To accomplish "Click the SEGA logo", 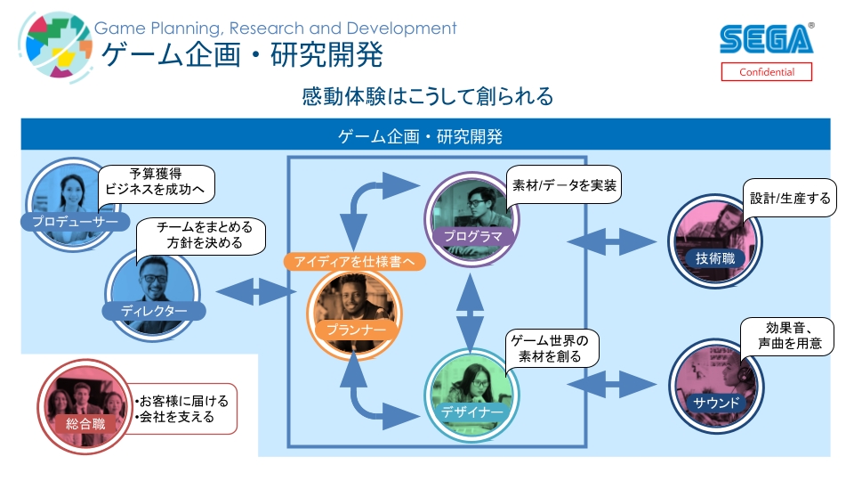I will [766, 39].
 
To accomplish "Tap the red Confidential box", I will [766, 72].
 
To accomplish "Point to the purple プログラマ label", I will [473, 236].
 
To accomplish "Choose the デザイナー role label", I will [471, 412].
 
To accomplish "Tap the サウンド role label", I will [716, 403].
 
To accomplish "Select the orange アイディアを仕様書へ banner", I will [355, 262].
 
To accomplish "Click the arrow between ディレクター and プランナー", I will [254, 291].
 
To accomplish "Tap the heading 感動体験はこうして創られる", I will [428, 96].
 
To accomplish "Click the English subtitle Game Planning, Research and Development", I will [276, 28].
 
